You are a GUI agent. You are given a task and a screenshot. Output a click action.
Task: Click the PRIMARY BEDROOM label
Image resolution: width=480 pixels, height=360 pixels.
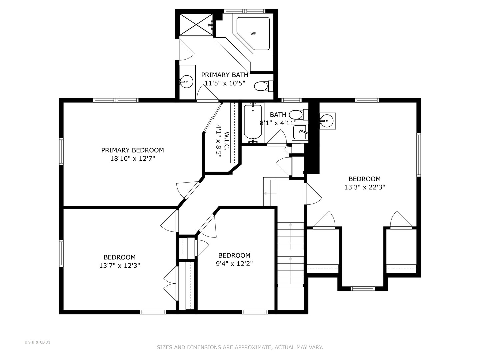click(133, 150)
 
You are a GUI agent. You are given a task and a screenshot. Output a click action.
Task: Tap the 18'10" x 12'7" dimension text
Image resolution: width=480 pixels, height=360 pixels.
click(133, 158)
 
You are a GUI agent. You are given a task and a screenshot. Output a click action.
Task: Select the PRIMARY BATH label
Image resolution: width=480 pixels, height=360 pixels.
click(225, 75)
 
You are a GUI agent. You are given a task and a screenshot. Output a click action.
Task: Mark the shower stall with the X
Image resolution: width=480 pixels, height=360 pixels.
click(196, 24)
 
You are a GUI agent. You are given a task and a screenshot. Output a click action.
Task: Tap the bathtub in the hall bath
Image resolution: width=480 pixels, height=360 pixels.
click(253, 122)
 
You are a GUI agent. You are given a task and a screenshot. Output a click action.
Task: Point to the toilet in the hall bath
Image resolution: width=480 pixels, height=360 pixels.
click(298, 115)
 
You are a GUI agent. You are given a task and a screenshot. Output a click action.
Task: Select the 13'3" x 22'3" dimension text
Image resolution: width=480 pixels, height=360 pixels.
click(365, 187)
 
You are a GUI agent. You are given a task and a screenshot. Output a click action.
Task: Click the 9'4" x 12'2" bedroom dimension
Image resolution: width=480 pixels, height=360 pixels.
click(234, 264)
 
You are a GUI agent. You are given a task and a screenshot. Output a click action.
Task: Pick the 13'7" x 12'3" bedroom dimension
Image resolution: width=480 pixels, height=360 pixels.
click(120, 265)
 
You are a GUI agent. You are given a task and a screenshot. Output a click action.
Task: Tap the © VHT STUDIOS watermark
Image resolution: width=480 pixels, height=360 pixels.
click(37, 342)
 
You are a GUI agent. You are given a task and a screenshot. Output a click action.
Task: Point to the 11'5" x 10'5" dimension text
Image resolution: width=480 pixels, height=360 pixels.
click(225, 83)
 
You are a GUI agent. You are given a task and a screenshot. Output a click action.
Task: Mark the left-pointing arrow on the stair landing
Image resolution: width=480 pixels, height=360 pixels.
click(270, 193)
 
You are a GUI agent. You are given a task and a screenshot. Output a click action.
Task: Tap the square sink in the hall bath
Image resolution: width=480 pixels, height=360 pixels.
click(300, 132)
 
